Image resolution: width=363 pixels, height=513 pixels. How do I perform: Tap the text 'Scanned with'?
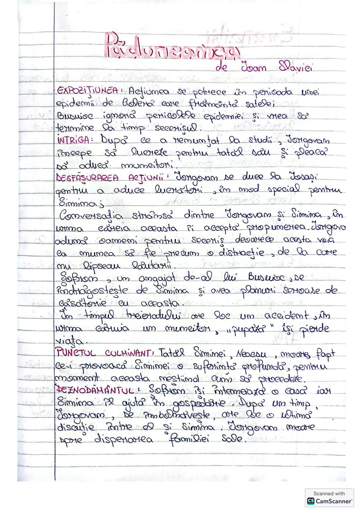(x=329, y=494)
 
